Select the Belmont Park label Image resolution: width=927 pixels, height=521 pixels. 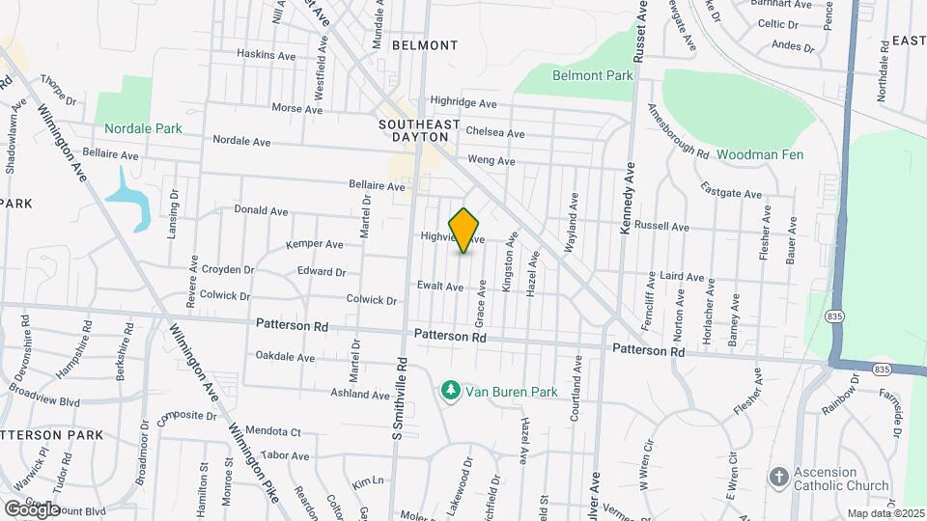pos(593,74)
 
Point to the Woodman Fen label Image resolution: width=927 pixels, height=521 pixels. pos(760,154)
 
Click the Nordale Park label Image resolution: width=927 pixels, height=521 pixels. pos(143,127)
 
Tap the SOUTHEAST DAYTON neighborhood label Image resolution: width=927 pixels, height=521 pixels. pos(419,131)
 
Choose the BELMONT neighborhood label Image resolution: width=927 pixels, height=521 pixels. pos(424,45)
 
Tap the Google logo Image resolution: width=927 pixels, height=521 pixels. pos(32,508)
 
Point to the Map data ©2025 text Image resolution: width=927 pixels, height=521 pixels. pos(885,513)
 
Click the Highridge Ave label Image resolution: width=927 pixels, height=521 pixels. pos(463,102)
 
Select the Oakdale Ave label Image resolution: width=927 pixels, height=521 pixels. pos(286,357)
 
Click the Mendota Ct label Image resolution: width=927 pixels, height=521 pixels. pos(274,432)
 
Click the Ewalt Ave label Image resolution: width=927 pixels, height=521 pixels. pos(441,286)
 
